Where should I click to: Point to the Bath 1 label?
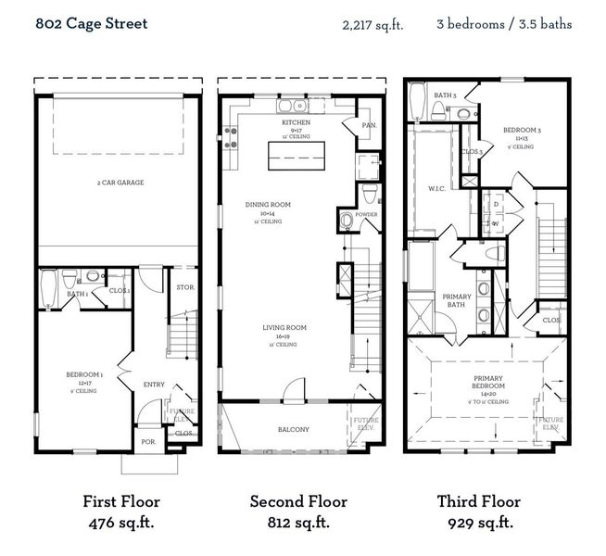(x=78, y=295)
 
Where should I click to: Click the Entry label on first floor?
(x=153, y=385)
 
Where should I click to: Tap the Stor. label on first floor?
(x=184, y=287)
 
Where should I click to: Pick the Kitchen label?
(x=297, y=122)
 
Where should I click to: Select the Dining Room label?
(x=269, y=205)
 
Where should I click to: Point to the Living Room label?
(x=283, y=328)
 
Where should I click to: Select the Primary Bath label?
(x=457, y=300)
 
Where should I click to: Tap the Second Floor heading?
(x=297, y=501)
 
